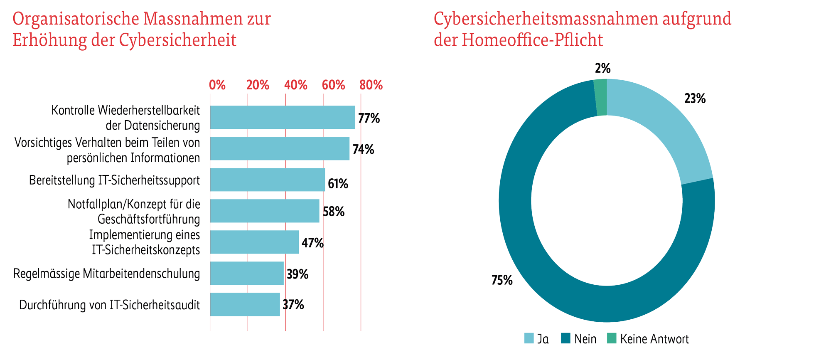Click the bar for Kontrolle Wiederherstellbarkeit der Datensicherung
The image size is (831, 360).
coord(283,117)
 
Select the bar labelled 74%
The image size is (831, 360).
coord(280,148)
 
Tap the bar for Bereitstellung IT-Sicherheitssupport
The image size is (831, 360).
coord(267,180)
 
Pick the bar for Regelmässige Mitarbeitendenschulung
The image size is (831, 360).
coord(247,273)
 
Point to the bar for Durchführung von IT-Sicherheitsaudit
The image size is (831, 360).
coord(245,304)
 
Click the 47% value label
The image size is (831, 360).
coord(312,243)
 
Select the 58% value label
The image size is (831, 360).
coord(334,212)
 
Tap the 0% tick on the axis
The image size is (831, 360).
coord(217,85)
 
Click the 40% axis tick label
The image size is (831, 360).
coord(296,85)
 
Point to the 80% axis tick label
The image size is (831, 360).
coord(371,85)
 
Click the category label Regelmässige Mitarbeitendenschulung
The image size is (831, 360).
coord(107,274)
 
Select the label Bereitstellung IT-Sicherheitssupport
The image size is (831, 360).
coord(115,180)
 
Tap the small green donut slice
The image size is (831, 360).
coord(600,97)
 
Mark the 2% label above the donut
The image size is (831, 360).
coord(602,69)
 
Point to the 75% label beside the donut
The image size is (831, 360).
coord(502,281)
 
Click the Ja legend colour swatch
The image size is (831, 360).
coord(529,339)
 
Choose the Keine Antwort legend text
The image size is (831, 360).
coord(654,339)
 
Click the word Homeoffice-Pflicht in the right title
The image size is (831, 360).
coord(532,40)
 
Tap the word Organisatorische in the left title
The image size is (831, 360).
coord(76,19)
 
